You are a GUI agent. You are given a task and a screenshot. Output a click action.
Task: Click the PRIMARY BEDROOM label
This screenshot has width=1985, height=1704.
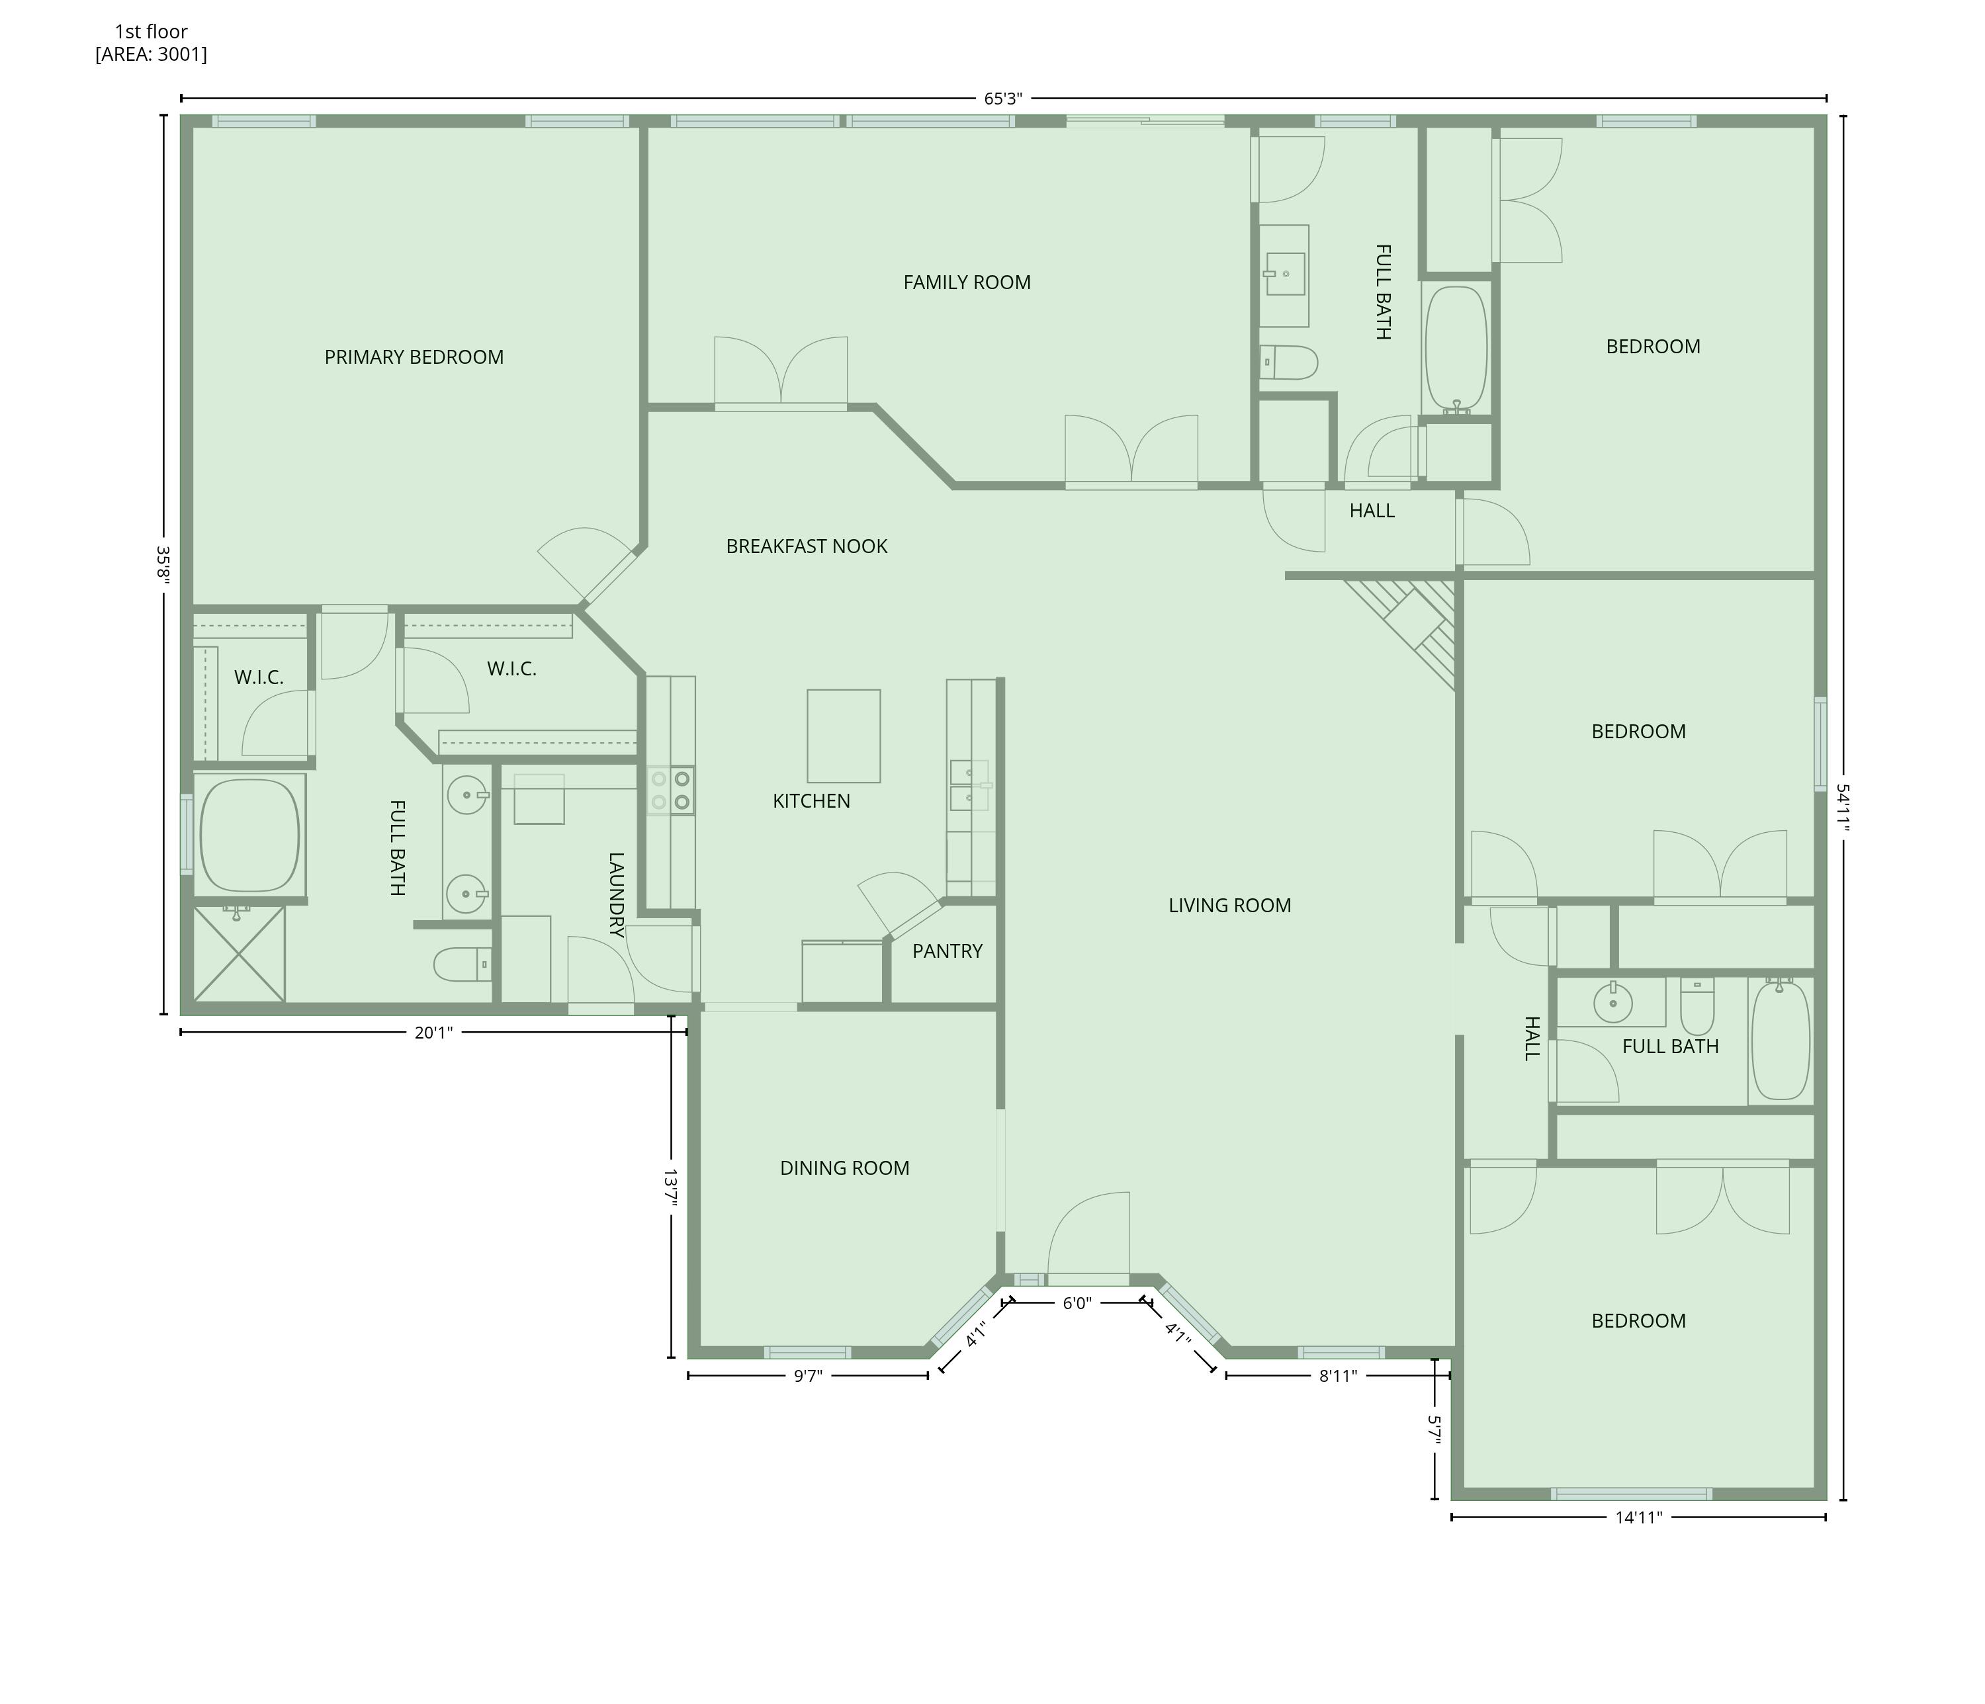coord(414,357)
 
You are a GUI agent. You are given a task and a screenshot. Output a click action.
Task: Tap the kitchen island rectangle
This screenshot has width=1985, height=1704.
coord(843,736)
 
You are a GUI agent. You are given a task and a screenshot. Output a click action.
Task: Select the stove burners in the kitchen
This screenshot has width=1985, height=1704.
coord(671,790)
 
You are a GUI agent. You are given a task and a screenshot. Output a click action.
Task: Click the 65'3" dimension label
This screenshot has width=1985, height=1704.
coord(1003,98)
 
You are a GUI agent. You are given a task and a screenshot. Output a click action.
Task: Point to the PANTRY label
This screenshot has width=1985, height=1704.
coord(947,951)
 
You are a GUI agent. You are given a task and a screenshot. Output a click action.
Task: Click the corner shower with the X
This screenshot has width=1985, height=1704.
coord(240,954)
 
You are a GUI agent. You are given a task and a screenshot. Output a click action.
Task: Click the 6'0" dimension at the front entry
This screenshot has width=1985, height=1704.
coord(1077,1302)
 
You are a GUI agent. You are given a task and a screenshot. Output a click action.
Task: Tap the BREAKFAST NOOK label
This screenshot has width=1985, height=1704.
coord(807,546)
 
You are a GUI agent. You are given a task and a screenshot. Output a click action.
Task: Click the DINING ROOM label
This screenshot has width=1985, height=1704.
coord(844,1168)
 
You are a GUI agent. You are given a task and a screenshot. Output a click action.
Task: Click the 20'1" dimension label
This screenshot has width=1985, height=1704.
coord(433,1032)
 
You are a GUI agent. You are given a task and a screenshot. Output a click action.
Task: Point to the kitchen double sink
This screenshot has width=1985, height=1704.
coord(969,785)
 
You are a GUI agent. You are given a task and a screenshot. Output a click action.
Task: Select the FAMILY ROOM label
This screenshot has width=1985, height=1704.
coord(967,282)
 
